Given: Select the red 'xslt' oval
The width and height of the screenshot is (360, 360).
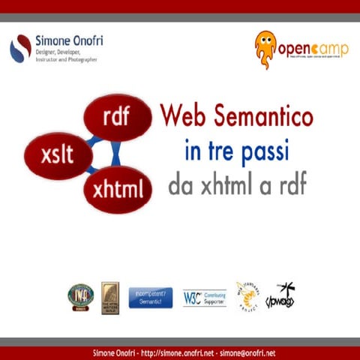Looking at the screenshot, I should click(58, 156).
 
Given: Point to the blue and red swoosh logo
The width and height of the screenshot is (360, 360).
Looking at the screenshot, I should click(20, 49).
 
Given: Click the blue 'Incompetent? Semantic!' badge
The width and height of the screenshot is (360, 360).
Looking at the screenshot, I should click(151, 298).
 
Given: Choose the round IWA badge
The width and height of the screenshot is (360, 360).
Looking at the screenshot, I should click(79, 296).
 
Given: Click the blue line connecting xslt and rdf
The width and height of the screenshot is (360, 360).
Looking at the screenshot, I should click(94, 138).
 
